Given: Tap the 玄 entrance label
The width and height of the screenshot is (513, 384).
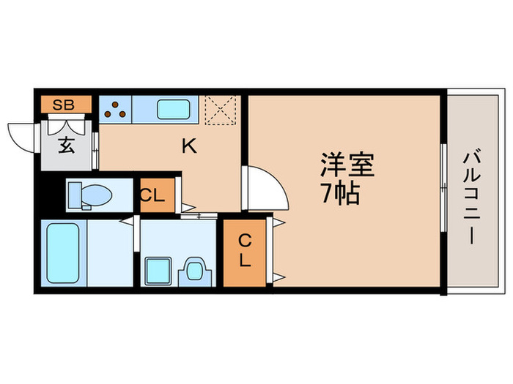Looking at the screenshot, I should click(x=66, y=145).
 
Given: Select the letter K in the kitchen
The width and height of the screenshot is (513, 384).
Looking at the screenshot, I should click(x=189, y=146).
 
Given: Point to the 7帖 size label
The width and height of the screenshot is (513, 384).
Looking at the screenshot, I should click(x=339, y=195).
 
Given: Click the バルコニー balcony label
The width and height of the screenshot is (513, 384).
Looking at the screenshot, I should click(x=471, y=194).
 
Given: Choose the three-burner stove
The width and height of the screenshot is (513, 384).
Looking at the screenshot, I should click(x=115, y=110).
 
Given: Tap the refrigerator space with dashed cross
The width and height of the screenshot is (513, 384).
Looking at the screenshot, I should click(x=218, y=109).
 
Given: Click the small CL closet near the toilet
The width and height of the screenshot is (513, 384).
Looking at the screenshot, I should click(x=155, y=195).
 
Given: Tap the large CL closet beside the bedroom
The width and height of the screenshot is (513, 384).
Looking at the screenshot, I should click(x=246, y=250).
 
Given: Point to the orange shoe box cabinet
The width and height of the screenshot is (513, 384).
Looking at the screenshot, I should click(x=66, y=105).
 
